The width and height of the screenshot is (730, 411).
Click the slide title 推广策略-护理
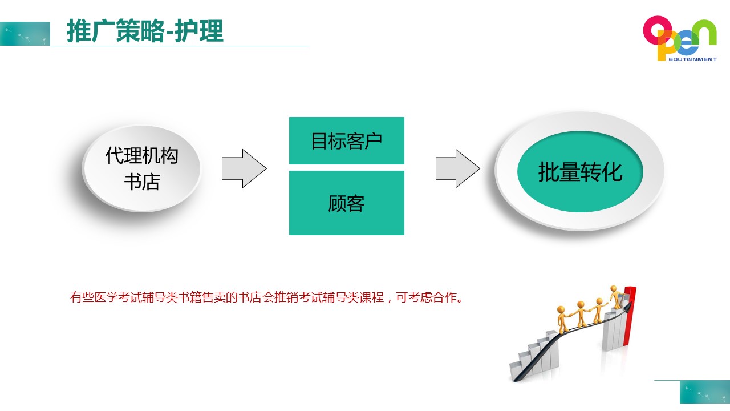(x=145, y=31)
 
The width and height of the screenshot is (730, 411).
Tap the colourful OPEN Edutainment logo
(x=680, y=38)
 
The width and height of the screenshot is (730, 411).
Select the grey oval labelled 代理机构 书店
(x=141, y=168)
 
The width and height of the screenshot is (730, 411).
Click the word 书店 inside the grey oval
(x=142, y=182)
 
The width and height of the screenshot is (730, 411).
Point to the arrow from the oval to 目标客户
(x=244, y=168)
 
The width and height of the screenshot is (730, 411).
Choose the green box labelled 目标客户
(x=347, y=140)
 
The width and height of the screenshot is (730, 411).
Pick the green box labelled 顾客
(x=347, y=203)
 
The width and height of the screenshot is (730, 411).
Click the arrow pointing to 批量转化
(x=458, y=168)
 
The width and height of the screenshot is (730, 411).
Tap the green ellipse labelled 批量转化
(x=580, y=172)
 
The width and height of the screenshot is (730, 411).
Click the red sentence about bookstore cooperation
(x=266, y=297)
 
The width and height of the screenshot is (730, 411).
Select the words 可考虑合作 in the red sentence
(x=425, y=297)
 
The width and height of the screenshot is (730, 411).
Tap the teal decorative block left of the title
(x=25, y=34)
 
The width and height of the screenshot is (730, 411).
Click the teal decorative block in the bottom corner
(x=705, y=392)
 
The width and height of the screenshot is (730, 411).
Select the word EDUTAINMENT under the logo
(x=692, y=59)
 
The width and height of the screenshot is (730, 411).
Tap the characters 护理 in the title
(x=199, y=31)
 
